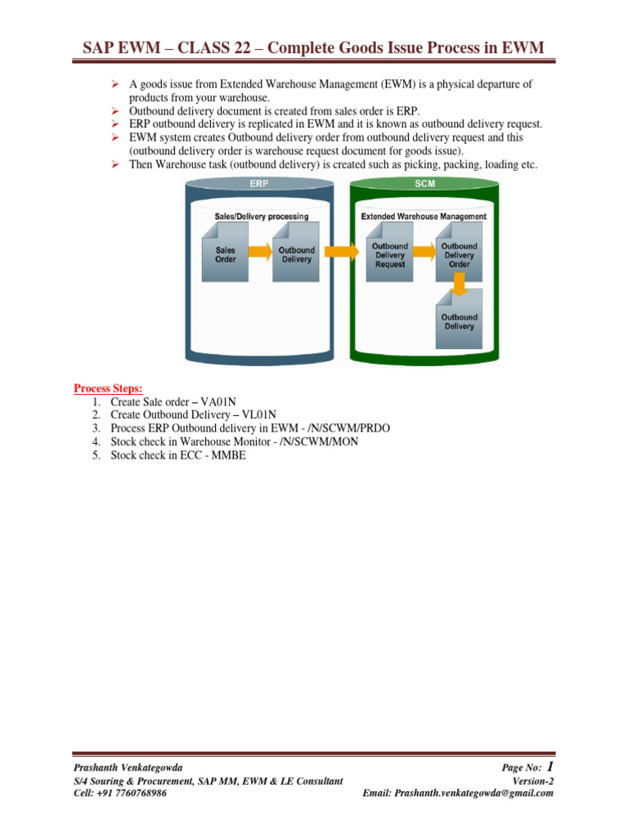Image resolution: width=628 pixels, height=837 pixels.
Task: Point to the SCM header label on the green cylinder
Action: [x=424, y=184]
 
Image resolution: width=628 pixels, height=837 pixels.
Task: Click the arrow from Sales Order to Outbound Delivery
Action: [x=259, y=252]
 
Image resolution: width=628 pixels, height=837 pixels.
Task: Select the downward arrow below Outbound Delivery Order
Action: [x=459, y=284]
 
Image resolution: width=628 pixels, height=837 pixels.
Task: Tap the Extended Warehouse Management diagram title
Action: [x=424, y=217]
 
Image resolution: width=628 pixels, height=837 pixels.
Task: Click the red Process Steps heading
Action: [x=108, y=388]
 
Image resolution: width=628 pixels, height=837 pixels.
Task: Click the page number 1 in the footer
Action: [x=549, y=766]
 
